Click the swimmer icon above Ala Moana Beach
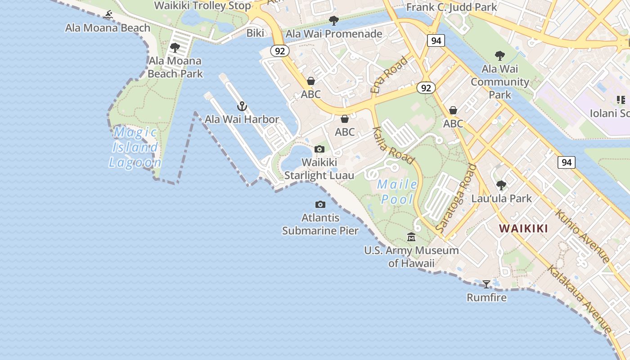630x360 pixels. (108, 15)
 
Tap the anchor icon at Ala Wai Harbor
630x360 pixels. (242, 106)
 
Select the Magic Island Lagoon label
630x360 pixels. (135, 147)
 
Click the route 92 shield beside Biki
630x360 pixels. (279, 51)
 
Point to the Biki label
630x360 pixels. (255, 33)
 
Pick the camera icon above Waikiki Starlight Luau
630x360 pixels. (319, 149)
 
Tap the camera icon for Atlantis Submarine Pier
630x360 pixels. (320, 205)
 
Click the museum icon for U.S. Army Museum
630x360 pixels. (411, 237)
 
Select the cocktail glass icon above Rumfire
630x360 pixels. (486, 284)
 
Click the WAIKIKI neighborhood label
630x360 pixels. (523, 229)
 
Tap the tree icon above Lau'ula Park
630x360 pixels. (501, 185)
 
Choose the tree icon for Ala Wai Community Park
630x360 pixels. (499, 56)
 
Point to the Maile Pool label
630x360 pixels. (397, 192)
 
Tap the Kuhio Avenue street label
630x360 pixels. (582, 236)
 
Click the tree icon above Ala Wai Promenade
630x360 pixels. (333, 20)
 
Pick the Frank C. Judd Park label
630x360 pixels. (451, 7)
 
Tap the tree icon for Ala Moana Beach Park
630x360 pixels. (175, 47)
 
